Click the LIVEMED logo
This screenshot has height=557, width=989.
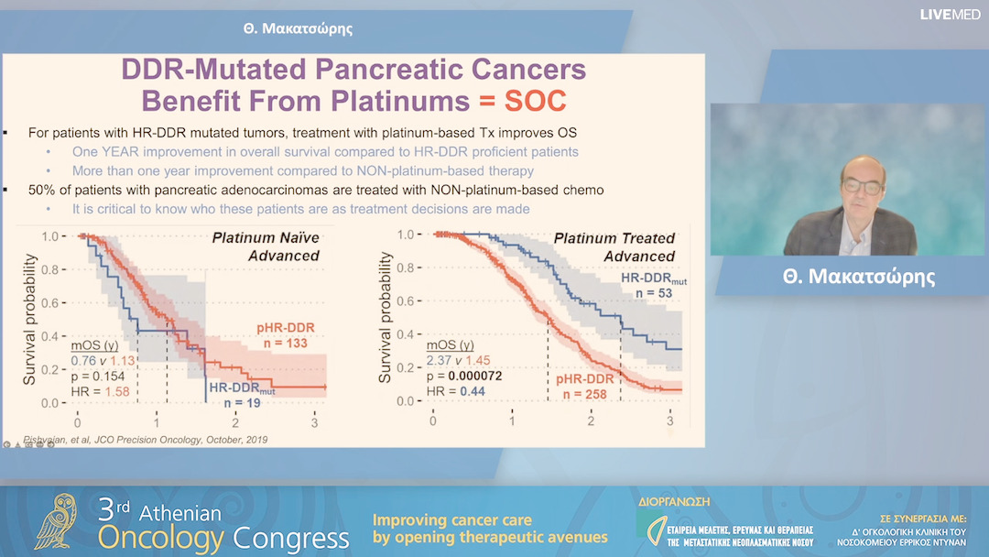pyautogui.click(x=950, y=14)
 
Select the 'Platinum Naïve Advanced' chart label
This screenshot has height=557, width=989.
pyautogui.click(x=266, y=246)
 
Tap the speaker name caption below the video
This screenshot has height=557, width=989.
pyautogui.click(x=858, y=276)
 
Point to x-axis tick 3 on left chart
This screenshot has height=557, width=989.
pyautogui.click(x=314, y=423)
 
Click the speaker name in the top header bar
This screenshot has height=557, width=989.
pyautogui.click(x=298, y=28)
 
